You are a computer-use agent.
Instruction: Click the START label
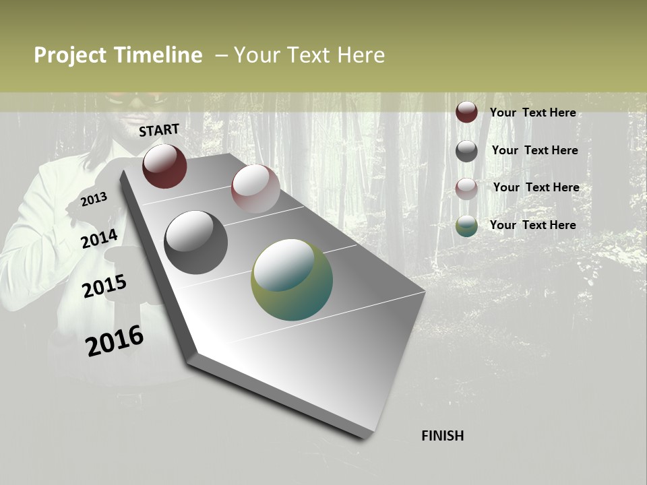159,130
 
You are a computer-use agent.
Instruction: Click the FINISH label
442,436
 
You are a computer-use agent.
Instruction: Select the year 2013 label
94,199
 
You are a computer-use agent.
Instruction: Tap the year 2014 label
99,239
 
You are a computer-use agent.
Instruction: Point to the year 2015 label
104,286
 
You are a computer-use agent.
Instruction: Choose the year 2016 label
115,341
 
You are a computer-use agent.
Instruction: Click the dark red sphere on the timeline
164,166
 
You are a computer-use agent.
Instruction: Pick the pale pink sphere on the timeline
255,189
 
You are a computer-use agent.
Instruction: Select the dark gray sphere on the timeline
196,243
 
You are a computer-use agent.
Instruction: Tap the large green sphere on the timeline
292,280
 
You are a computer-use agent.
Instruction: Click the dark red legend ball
466,112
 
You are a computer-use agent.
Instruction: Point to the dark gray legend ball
466,151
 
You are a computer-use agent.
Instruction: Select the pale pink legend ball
466,189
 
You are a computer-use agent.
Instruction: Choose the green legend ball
466,226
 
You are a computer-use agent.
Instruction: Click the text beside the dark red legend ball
532,112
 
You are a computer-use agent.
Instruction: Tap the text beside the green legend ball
532,225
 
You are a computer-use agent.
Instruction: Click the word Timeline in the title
158,55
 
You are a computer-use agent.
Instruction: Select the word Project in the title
71,55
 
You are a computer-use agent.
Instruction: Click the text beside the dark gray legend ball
534,150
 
